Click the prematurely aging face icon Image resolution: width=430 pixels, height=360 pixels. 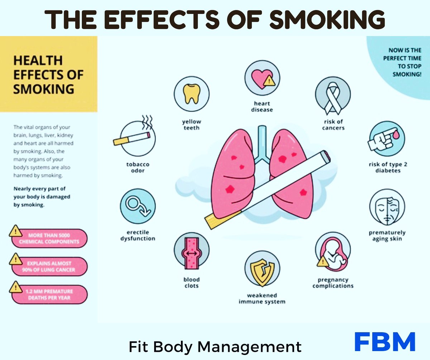point(387,207)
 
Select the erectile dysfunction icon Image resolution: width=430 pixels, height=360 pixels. point(138,207)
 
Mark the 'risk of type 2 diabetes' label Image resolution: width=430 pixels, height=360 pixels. point(388,168)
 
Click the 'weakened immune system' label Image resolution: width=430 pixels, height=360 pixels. point(262,298)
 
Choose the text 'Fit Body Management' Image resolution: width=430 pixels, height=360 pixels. point(215,346)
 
